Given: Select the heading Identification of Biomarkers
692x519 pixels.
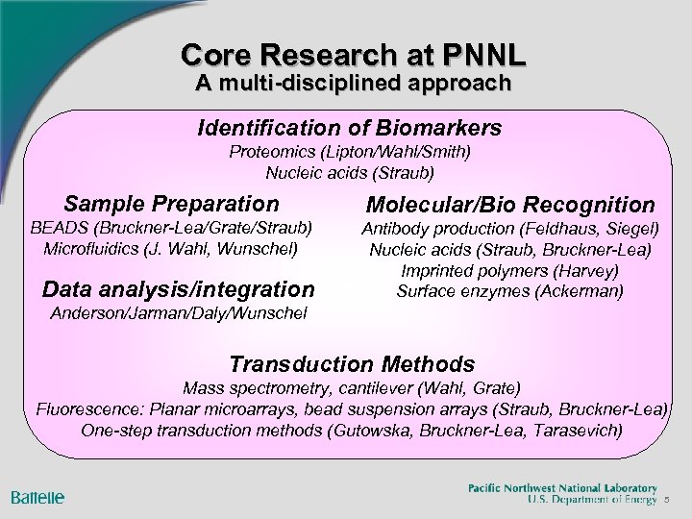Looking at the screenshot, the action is pos(349,128).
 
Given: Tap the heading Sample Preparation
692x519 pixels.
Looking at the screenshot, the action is pos(171,204).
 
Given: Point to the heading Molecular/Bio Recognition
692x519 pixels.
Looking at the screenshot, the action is pos(510,206).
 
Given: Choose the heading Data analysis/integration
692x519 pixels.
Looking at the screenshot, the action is pos(179,288).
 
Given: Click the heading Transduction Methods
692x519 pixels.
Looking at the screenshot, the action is pos(352,364).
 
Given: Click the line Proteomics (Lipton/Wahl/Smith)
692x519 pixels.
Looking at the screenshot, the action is pos(349,152).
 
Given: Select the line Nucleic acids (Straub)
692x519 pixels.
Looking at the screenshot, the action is pos(349,173).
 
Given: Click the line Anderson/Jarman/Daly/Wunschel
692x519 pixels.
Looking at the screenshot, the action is pos(181,313).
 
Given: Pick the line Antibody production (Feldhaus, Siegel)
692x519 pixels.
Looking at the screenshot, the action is pos(509,230).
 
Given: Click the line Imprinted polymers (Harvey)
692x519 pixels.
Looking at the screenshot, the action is pos(509,271).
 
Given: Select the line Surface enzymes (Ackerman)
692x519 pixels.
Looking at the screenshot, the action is pos(509,291).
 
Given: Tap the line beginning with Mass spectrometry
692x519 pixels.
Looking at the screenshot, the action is pos(352,388).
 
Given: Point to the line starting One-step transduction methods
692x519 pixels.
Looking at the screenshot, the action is pos(352,429).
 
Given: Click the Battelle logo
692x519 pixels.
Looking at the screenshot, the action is pos(38,497).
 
